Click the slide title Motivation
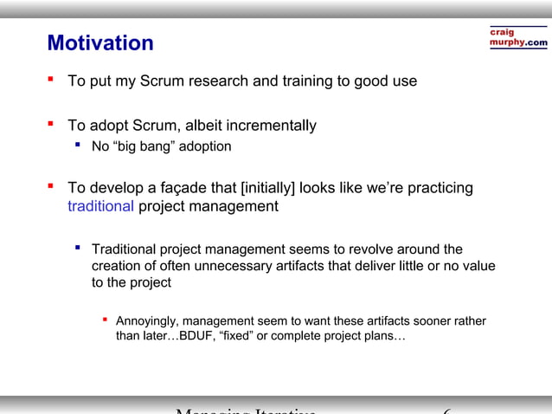coord(100,42)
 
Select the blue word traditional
coord(100,206)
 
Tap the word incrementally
coord(268,126)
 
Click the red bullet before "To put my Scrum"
coord(51,81)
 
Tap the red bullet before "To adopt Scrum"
coord(51,125)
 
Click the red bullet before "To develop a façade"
coord(51,186)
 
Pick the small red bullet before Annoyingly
coord(105,320)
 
